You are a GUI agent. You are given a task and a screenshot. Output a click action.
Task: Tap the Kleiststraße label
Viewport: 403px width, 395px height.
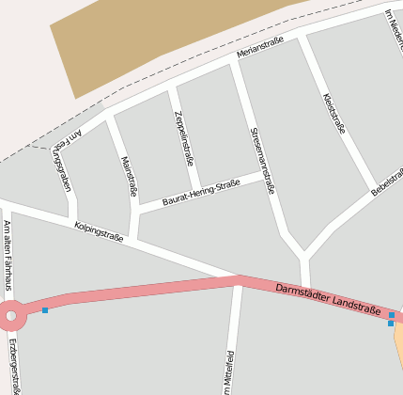click(x=333, y=113)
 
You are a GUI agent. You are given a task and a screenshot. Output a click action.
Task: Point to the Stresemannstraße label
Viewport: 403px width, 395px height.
click(x=262, y=160)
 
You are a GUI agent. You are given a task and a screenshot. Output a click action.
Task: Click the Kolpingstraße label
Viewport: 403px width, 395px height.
click(x=99, y=230)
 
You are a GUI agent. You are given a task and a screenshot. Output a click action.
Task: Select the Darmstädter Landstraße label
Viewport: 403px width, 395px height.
click(x=328, y=298)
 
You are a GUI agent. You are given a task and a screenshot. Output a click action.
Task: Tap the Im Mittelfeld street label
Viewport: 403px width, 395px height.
click(x=228, y=371)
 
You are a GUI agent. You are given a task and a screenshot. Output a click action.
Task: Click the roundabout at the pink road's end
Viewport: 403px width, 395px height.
click(x=11, y=316)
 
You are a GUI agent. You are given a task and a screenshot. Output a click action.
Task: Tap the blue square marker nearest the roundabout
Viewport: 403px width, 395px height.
click(x=44, y=309)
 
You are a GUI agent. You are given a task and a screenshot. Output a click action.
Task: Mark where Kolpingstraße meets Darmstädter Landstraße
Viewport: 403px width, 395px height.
click(x=237, y=278)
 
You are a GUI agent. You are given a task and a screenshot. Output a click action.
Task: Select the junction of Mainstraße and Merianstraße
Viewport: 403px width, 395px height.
click(x=109, y=117)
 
